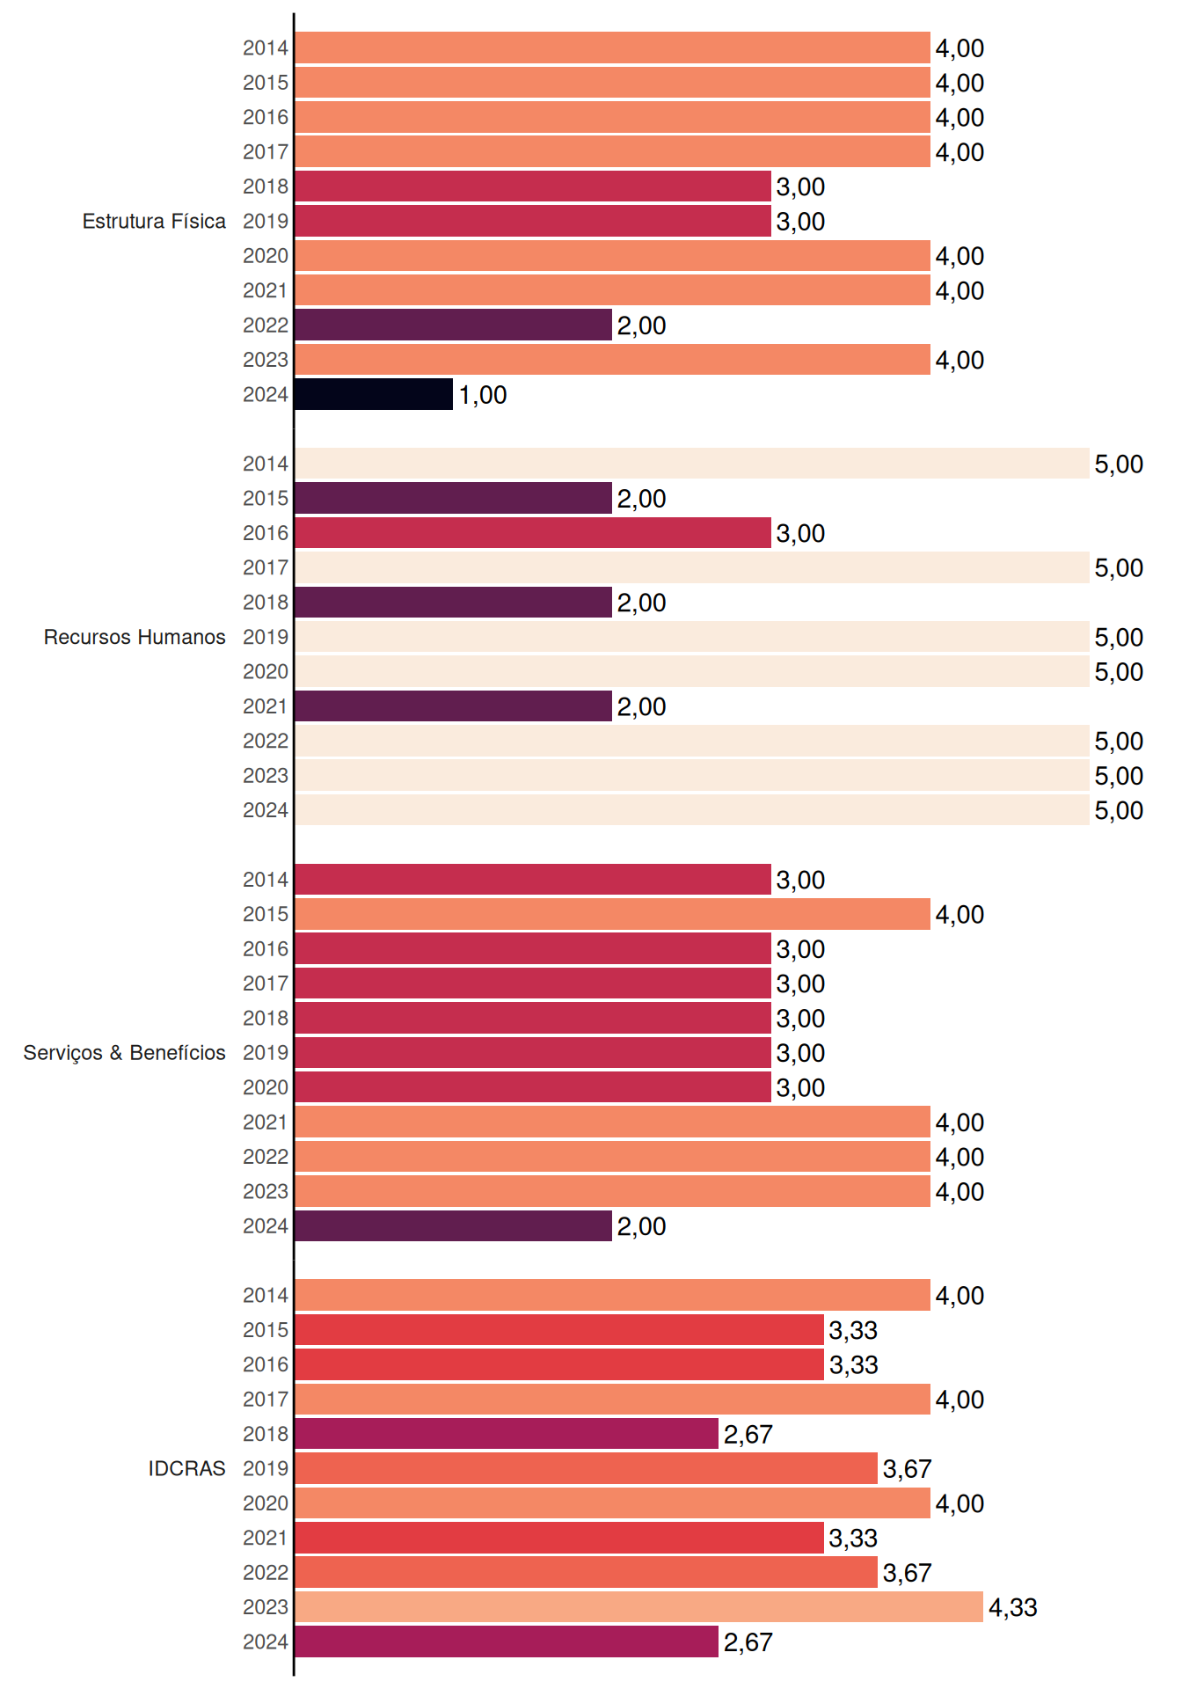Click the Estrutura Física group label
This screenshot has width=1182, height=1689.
(154, 221)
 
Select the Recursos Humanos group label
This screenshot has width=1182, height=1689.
(135, 637)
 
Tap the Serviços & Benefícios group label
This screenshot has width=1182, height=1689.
(124, 1053)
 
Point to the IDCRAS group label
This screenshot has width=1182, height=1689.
(186, 1468)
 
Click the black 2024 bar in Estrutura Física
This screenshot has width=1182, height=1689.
(374, 394)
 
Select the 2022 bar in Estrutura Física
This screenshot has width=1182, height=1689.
(454, 325)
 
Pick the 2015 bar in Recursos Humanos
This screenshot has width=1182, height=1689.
(454, 498)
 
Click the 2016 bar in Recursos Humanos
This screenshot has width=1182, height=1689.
(533, 533)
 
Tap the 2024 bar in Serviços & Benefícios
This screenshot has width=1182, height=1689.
(454, 1225)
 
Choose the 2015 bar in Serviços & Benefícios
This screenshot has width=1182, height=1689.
(613, 914)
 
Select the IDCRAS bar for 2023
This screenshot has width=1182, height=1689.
(639, 1606)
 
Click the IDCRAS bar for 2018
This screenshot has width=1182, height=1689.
(507, 1434)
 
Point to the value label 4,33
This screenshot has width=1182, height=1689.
(1013, 1607)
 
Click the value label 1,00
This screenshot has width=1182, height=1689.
(483, 395)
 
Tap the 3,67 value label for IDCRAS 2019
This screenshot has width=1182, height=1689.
(907, 1469)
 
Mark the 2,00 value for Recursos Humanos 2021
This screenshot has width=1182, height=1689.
(641, 706)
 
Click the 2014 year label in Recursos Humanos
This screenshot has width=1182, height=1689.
(266, 464)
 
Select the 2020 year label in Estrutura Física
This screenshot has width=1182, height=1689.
(266, 256)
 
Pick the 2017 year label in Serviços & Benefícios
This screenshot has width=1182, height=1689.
(266, 983)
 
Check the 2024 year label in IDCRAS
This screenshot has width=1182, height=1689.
(266, 1641)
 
